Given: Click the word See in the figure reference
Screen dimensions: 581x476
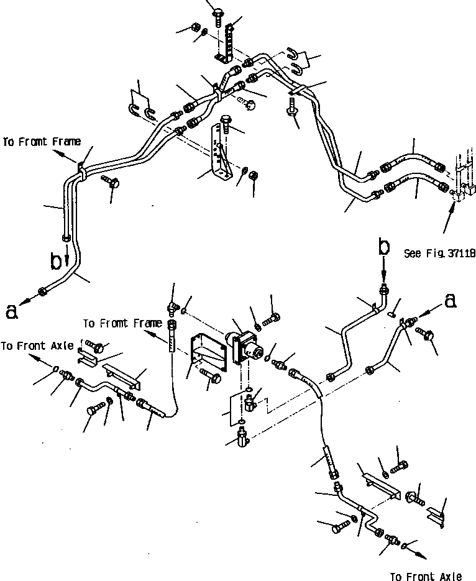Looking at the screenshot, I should point(412,254).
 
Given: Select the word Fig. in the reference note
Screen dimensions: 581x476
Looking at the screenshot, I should point(433,254).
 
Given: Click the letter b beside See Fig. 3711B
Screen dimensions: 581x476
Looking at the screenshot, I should point(385,247).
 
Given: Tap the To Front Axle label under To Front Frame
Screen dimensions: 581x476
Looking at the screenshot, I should point(37,346).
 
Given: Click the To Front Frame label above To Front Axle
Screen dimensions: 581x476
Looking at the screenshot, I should point(122,323).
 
